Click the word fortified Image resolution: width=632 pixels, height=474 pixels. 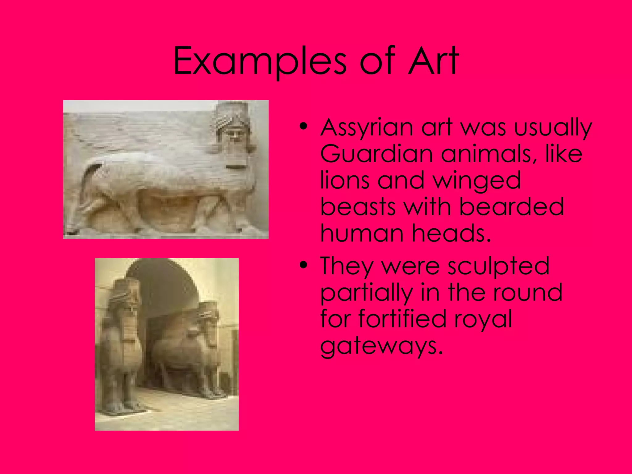[402, 319]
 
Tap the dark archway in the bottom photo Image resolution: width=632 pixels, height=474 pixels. [167, 287]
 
